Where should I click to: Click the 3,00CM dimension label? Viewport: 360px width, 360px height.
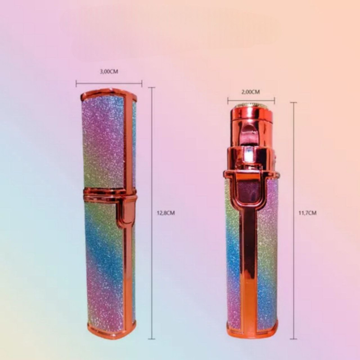pyautogui.click(x=109, y=72)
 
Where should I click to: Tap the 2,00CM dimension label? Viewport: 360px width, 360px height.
pyautogui.click(x=251, y=92)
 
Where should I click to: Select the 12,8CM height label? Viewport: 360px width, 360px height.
pyautogui.click(x=166, y=213)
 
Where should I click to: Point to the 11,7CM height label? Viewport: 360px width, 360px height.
pyautogui.click(x=307, y=213)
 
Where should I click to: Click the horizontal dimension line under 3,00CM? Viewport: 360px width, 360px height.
pyautogui.click(x=109, y=84)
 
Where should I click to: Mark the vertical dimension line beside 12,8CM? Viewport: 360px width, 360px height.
pyautogui.click(x=152, y=213)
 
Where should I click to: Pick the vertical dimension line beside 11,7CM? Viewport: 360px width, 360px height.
pyautogui.click(x=293, y=220)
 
